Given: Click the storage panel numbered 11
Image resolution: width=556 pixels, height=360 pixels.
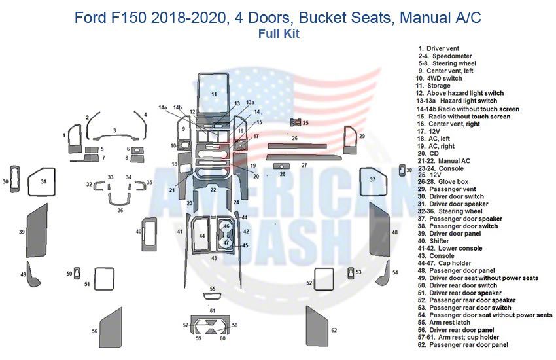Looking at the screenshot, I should [x=213, y=94].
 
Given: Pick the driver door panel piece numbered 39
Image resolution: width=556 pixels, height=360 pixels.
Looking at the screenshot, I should [x=37, y=232].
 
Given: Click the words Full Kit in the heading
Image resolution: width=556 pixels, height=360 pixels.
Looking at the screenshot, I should [x=278, y=34].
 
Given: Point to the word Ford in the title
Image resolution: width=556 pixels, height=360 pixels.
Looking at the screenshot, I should [x=91, y=17].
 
